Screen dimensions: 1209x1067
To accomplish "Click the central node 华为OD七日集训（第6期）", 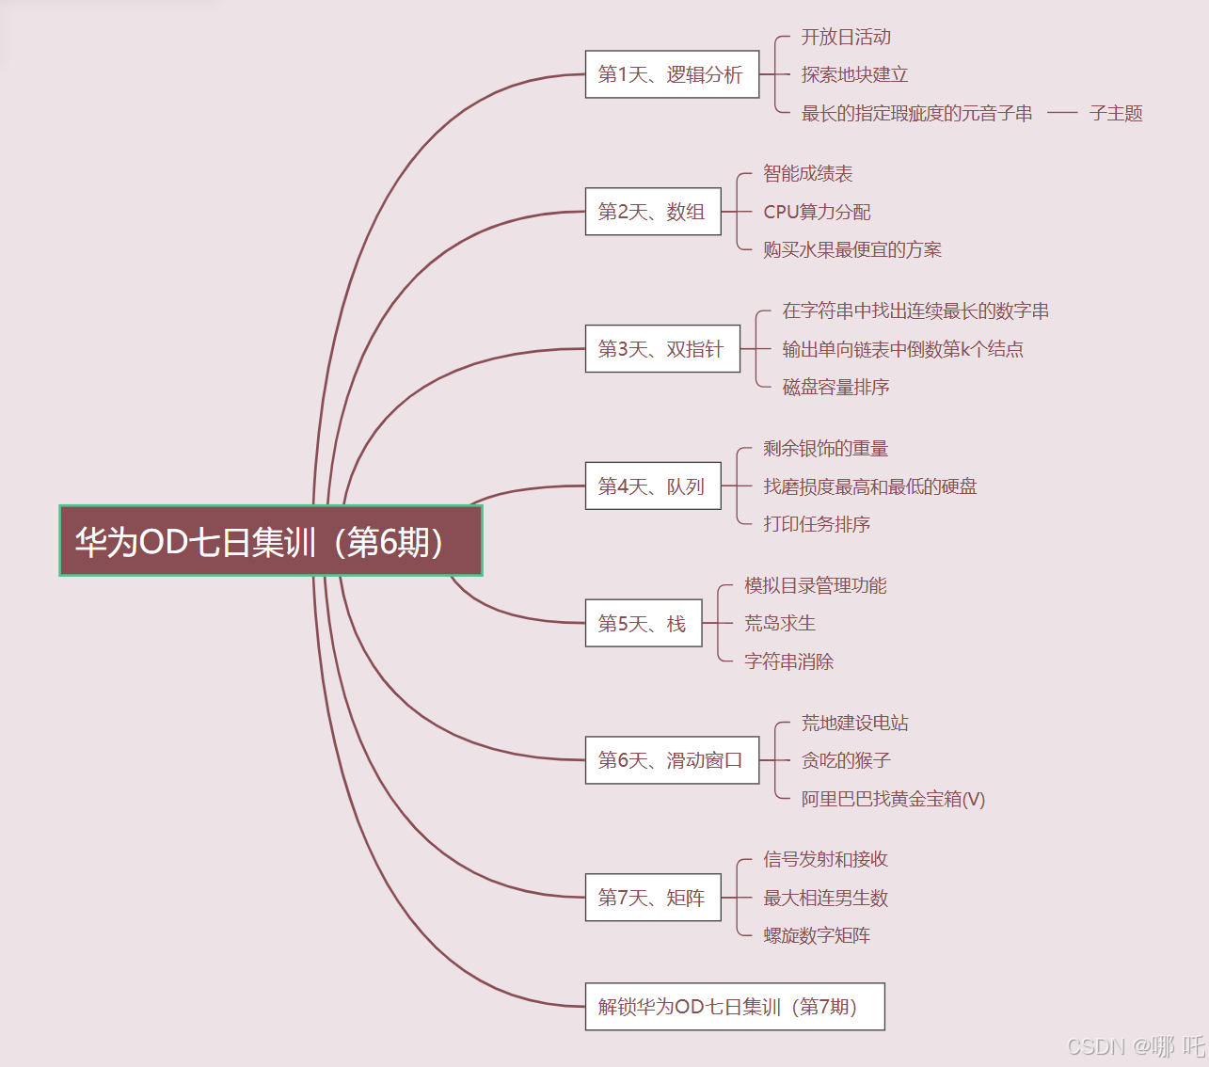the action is tap(271, 541).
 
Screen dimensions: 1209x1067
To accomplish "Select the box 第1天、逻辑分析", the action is tap(672, 74).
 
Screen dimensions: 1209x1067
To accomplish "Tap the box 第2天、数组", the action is tap(653, 212).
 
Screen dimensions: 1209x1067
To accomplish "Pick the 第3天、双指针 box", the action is tap(662, 349).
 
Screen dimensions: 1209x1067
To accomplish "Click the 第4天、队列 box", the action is tap(653, 486).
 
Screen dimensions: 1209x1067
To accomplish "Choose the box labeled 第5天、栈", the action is tap(644, 623).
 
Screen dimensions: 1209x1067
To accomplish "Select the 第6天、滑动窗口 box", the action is tap(672, 760).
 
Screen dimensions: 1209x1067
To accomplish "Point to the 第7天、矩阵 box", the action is tap(653, 898).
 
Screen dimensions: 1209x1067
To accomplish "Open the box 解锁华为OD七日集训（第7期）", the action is tap(734, 1007).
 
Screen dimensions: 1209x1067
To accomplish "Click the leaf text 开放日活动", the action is tap(846, 37).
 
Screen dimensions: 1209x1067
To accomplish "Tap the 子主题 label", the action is tap(1116, 113).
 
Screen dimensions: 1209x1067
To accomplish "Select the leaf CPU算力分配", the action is tap(817, 212).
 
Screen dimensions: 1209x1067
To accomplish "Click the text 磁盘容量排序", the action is tap(835, 387).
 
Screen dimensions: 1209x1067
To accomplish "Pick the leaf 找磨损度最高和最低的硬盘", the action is tap(869, 486).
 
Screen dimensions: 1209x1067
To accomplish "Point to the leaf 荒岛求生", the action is tap(779, 623).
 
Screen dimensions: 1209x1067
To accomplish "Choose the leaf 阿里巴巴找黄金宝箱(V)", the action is tap(893, 799).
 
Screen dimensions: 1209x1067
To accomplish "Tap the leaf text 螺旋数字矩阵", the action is tap(817, 935).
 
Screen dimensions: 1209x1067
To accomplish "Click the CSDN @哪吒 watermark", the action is tap(1136, 1046).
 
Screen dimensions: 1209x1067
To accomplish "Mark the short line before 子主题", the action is tap(1061, 113).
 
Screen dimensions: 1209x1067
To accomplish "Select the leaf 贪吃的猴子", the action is tap(846, 760).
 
